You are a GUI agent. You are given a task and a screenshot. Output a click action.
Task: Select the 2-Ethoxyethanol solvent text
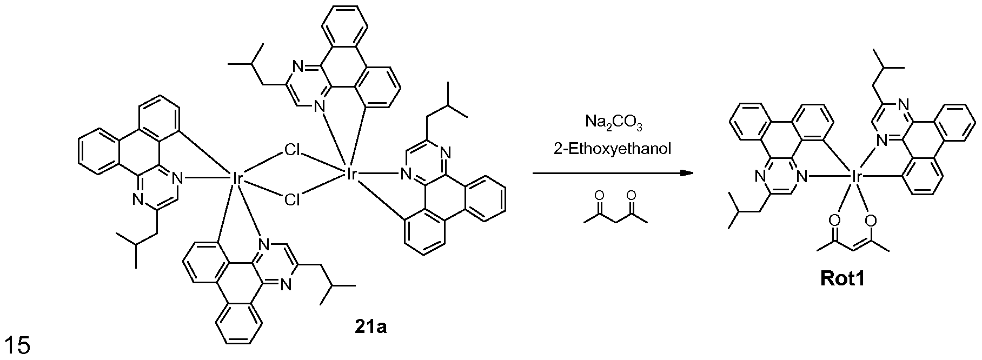click(613, 149)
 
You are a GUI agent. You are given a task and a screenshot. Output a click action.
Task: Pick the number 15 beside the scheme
click(17, 345)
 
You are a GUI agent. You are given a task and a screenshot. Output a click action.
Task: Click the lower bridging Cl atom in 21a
click(293, 200)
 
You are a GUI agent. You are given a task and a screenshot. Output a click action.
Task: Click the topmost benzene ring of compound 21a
click(344, 27)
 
